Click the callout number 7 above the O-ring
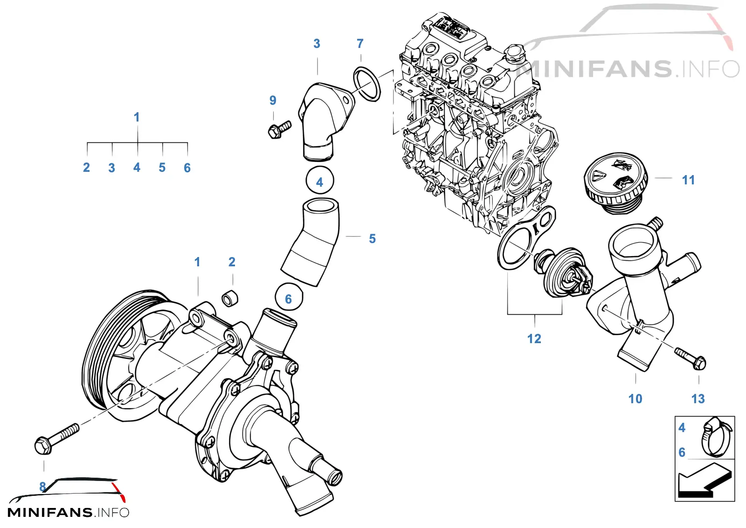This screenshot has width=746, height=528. [360, 44]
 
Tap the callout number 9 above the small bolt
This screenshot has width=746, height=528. [273, 100]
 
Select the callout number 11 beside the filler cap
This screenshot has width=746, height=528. [688, 180]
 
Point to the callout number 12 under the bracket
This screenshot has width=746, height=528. [534, 339]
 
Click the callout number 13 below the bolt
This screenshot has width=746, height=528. [698, 399]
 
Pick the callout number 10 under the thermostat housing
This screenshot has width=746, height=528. [635, 399]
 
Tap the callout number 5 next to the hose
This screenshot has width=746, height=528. [373, 239]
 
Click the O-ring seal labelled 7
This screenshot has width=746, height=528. [366, 84]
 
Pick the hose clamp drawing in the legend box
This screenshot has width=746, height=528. [717, 438]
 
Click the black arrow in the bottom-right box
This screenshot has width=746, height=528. [705, 480]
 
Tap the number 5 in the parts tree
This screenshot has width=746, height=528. [162, 168]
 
